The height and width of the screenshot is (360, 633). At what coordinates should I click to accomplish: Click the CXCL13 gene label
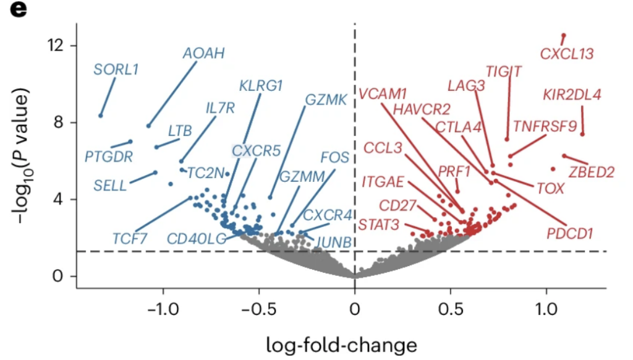567,54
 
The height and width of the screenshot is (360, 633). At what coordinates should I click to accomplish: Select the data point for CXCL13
564,35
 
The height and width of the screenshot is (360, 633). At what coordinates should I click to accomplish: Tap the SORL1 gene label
116,69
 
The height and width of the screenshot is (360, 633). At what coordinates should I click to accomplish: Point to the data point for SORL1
101,116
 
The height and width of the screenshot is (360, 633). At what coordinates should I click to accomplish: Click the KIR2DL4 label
572,95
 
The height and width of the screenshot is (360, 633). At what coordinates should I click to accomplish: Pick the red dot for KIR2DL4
582,134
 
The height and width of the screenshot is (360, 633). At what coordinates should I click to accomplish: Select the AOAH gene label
204,53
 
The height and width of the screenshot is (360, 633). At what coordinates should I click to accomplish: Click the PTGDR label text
109,156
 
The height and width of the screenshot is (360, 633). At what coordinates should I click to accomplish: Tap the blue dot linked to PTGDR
130,142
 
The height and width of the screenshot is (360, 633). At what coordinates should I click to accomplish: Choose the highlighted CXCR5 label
256,151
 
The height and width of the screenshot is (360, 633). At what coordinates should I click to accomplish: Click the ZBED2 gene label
592,172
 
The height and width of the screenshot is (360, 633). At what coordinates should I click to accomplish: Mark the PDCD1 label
569,234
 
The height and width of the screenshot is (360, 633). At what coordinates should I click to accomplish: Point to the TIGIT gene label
503,72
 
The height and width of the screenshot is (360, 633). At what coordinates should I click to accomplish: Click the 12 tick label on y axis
55,45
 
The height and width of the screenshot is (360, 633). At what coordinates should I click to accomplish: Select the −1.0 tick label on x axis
163,309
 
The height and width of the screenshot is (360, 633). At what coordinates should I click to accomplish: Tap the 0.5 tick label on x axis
451,309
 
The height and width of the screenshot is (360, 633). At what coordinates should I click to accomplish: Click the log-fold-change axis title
341,345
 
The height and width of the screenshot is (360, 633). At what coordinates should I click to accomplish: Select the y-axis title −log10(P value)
23,155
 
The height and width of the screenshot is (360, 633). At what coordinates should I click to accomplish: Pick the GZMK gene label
326,100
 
